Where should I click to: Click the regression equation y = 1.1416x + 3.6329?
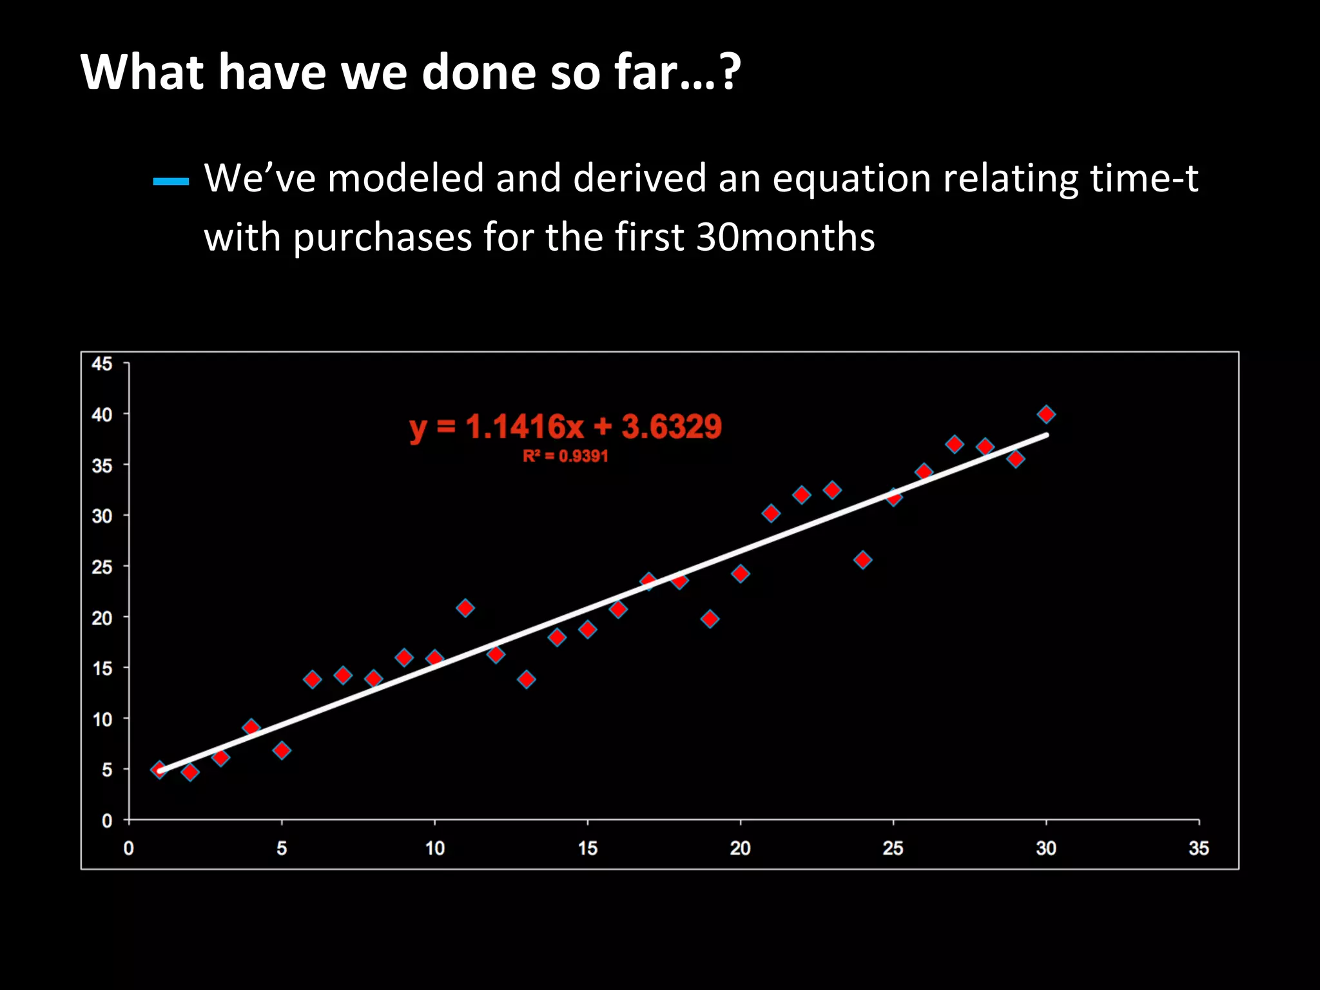[565, 427]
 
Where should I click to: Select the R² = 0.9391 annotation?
[565, 456]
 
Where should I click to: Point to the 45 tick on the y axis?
[102, 364]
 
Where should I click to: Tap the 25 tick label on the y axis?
[102, 567]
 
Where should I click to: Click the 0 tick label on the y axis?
[107, 821]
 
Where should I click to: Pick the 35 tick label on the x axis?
[1199, 848]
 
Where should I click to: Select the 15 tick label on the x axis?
[587, 848]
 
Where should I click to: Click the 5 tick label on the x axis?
[282, 848]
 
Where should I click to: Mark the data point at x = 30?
[1046, 414]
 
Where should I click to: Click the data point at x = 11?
[465, 608]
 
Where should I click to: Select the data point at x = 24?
[863, 559]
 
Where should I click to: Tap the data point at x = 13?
[527, 679]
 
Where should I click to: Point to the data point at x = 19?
[710, 619]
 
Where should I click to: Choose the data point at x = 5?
[282, 750]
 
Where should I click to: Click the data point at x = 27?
[955, 444]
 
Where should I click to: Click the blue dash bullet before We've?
[171, 182]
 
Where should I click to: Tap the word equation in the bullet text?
[851, 179]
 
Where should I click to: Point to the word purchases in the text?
[383, 237]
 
